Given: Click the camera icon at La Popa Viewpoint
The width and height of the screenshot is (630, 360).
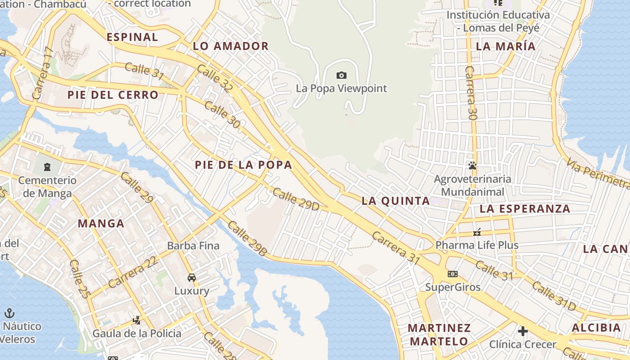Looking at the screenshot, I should [x=342, y=75].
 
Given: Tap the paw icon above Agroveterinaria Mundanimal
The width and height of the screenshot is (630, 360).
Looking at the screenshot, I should [x=472, y=166].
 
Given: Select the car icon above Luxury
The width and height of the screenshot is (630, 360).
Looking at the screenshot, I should [x=192, y=277].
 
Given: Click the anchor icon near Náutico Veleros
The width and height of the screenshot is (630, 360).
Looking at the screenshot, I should [x=9, y=313].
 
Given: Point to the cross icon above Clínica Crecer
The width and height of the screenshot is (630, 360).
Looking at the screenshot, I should [x=522, y=331].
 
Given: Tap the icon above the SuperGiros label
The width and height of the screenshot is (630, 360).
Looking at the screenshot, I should [x=453, y=274].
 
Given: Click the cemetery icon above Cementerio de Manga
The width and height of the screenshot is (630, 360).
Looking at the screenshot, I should [x=47, y=167].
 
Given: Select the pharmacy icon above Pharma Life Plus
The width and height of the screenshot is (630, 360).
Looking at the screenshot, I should [x=477, y=233].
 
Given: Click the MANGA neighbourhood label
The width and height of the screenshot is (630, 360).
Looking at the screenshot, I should [x=101, y=223].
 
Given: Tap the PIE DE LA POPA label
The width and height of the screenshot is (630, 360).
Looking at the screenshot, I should [x=243, y=165].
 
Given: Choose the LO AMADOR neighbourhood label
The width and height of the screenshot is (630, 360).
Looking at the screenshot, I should [x=230, y=46].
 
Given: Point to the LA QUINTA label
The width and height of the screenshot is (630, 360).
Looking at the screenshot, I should [x=396, y=201].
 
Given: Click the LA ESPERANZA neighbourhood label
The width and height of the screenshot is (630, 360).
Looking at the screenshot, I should [x=525, y=209].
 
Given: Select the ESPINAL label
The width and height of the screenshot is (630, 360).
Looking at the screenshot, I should [x=132, y=37].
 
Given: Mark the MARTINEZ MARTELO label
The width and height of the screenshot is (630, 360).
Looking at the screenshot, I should [x=439, y=334].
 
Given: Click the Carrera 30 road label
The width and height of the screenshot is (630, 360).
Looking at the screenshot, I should [x=471, y=93].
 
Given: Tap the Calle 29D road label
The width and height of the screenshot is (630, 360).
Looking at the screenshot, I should [x=296, y=199].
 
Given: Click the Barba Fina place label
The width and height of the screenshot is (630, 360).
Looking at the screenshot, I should [x=193, y=246].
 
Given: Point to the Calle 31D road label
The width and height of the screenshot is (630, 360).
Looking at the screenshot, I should [x=554, y=296].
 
